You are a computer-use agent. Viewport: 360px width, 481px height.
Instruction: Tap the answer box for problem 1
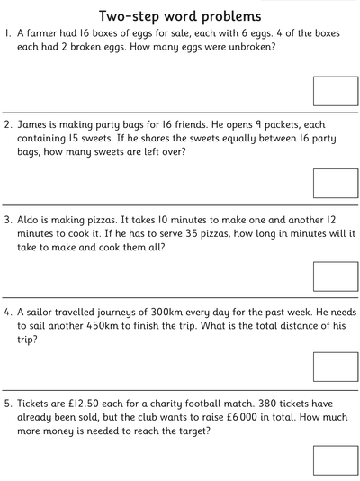tap(335, 91)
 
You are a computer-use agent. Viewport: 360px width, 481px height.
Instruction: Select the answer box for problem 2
tap(335, 183)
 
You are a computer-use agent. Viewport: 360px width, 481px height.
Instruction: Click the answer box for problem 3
tap(335, 276)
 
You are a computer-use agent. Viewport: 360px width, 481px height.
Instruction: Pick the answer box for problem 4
tap(335, 367)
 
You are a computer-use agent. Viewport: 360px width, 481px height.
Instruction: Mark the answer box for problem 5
tap(335, 459)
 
